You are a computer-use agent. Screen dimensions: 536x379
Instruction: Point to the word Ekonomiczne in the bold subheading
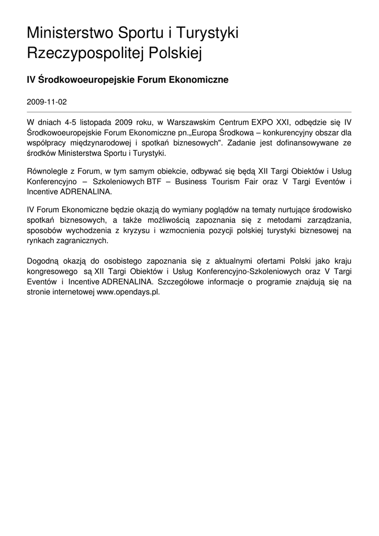click(197, 80)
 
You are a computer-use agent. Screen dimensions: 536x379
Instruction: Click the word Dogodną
click(43, 261)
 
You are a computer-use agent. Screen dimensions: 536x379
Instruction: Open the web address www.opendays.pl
click(128, 292)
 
